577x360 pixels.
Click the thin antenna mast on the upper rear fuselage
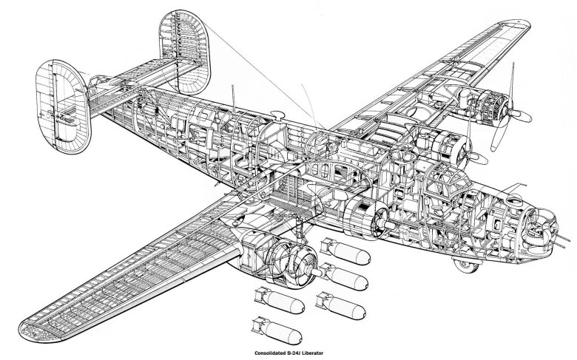tap(233, 96)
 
